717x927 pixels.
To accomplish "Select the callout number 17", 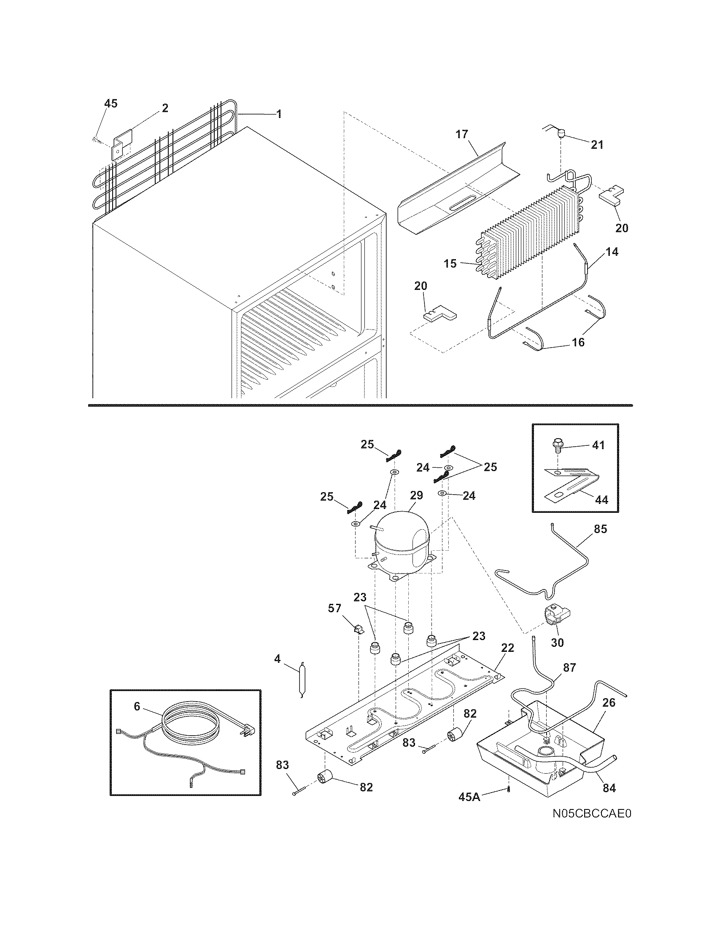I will [461, 134].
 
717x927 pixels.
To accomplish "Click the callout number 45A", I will [469, 797].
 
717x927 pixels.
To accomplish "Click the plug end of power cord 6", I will [243, 733].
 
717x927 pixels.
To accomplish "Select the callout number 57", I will [334, 608].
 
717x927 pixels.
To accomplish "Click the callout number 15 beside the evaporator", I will [450, 263].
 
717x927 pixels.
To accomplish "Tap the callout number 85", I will [600, 529].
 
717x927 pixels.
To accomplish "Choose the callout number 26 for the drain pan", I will [609, 702].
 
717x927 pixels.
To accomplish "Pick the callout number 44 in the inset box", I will [601, 500].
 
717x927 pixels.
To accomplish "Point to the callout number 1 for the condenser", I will [279, 114].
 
